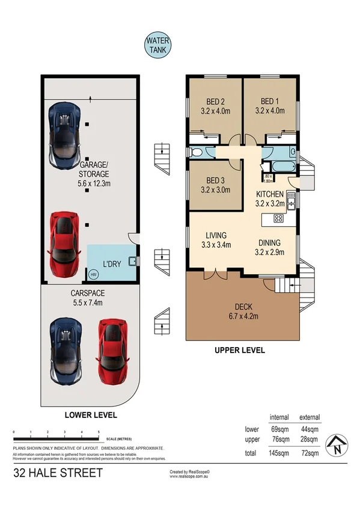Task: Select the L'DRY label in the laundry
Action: pos(112,264)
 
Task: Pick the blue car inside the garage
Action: pos(65,135)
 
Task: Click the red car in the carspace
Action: pos(112,350)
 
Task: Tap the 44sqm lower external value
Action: pos(310,429)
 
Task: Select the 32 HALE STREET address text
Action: pos(58,473)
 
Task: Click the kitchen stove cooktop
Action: pos(279,218)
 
